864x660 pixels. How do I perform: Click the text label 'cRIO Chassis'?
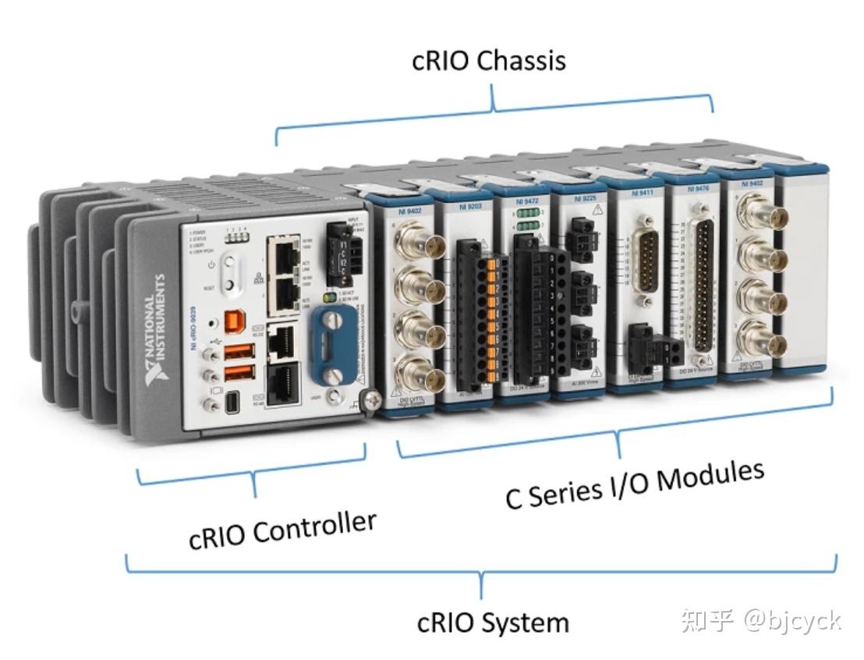[488, 60]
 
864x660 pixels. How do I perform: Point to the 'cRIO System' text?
[493, 623]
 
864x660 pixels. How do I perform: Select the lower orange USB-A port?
[238, 373]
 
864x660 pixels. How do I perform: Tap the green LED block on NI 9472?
[527, 219]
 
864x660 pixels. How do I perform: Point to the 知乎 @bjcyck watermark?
[760, 621]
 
